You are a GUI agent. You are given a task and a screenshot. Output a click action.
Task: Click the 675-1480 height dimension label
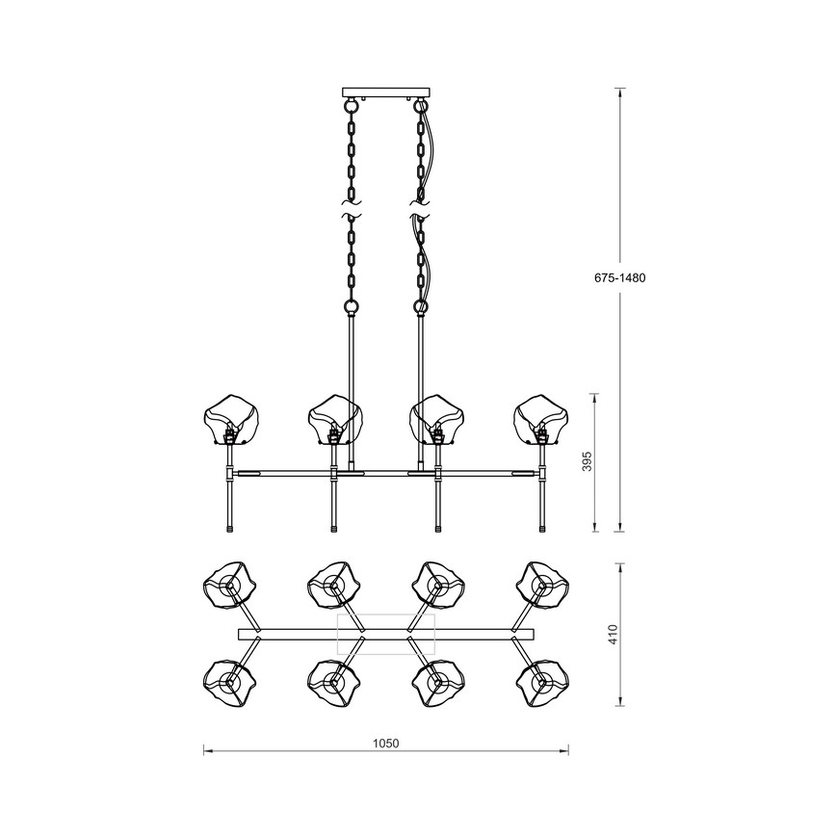coord(619,277)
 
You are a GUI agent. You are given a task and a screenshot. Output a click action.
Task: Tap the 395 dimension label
coord(587,461)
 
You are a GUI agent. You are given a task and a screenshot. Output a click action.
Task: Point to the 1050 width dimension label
coord(385,744)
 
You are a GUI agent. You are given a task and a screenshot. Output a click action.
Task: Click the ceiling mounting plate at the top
coord(385,92)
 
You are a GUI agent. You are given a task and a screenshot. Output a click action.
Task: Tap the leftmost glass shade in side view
coord(232,419)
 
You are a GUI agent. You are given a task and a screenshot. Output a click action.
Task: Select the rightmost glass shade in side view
coord(541,419)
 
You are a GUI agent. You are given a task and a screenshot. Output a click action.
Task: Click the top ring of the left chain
coord(351,107)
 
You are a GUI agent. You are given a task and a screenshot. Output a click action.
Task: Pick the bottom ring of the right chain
coord(421,307)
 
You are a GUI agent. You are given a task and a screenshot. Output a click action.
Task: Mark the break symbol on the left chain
coord(351,209)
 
